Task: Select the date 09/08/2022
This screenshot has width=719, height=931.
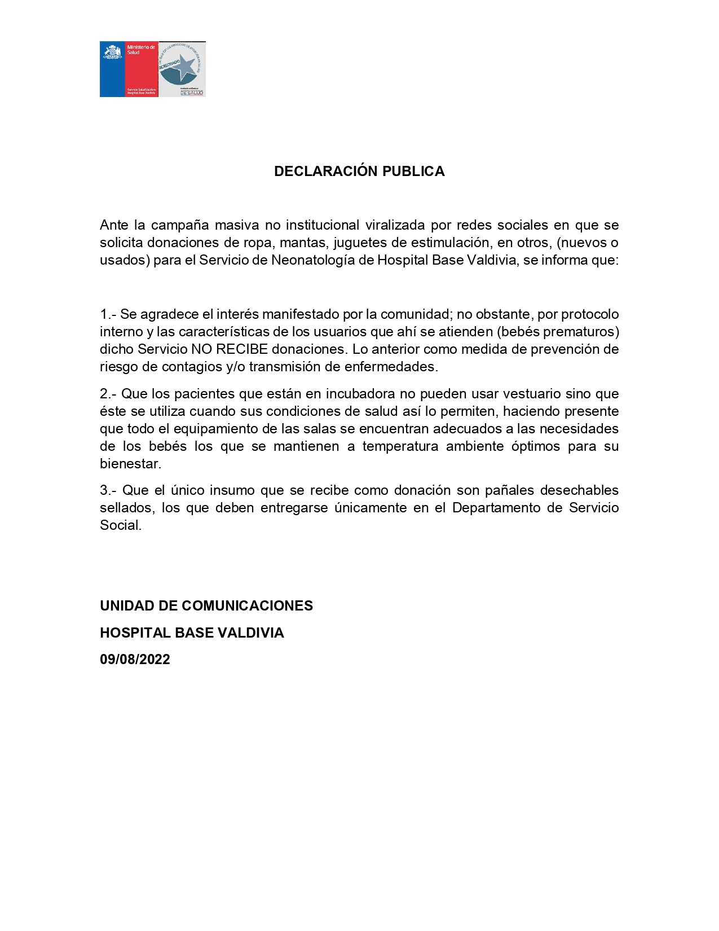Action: tap(135, 660)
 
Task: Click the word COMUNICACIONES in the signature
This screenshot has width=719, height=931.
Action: tap(247, 606)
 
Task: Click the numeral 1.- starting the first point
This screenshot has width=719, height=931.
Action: tap(108, 314)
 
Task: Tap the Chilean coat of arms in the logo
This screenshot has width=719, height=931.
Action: tap(112, 52)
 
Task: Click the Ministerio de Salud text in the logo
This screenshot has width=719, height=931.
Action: tap(140, 50)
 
